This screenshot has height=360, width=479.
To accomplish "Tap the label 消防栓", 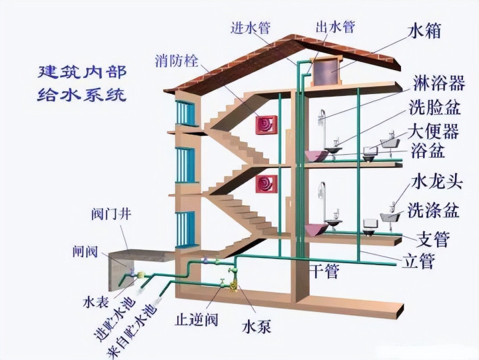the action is pyautogui.click(x=177, y=61).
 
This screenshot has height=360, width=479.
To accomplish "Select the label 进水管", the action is pyautogui.click(x=250, y=27).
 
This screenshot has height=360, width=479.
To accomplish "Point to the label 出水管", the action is pyautogui.click(x=335, y=27).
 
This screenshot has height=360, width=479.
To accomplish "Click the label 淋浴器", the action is pyautogui.click(x=439, y=83).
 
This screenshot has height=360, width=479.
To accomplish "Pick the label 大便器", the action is pyautogui.click(x=433, y=131).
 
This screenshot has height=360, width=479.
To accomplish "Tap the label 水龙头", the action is pyautogui.click(x=437, y=182).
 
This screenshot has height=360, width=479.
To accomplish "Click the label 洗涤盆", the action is pyautogui.click(x=434, y=210).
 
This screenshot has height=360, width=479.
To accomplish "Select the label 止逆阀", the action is pyautogui.click(x=197, y=319).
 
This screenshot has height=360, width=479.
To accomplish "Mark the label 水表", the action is pyautogui.click(x=96, y=302).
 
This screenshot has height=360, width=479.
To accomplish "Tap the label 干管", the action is pyautogui.click(x=324, y=271).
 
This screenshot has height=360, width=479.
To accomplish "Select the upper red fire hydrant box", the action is pyautogui.click(x=266, y=125).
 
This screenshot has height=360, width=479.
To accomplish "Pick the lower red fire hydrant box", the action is pyautogui.click(x=266, y=184).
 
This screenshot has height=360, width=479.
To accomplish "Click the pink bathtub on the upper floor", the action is pyautogui.click(x=316, y=155).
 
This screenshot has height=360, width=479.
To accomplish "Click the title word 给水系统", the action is pyautogui.click(x=81, y=94).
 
